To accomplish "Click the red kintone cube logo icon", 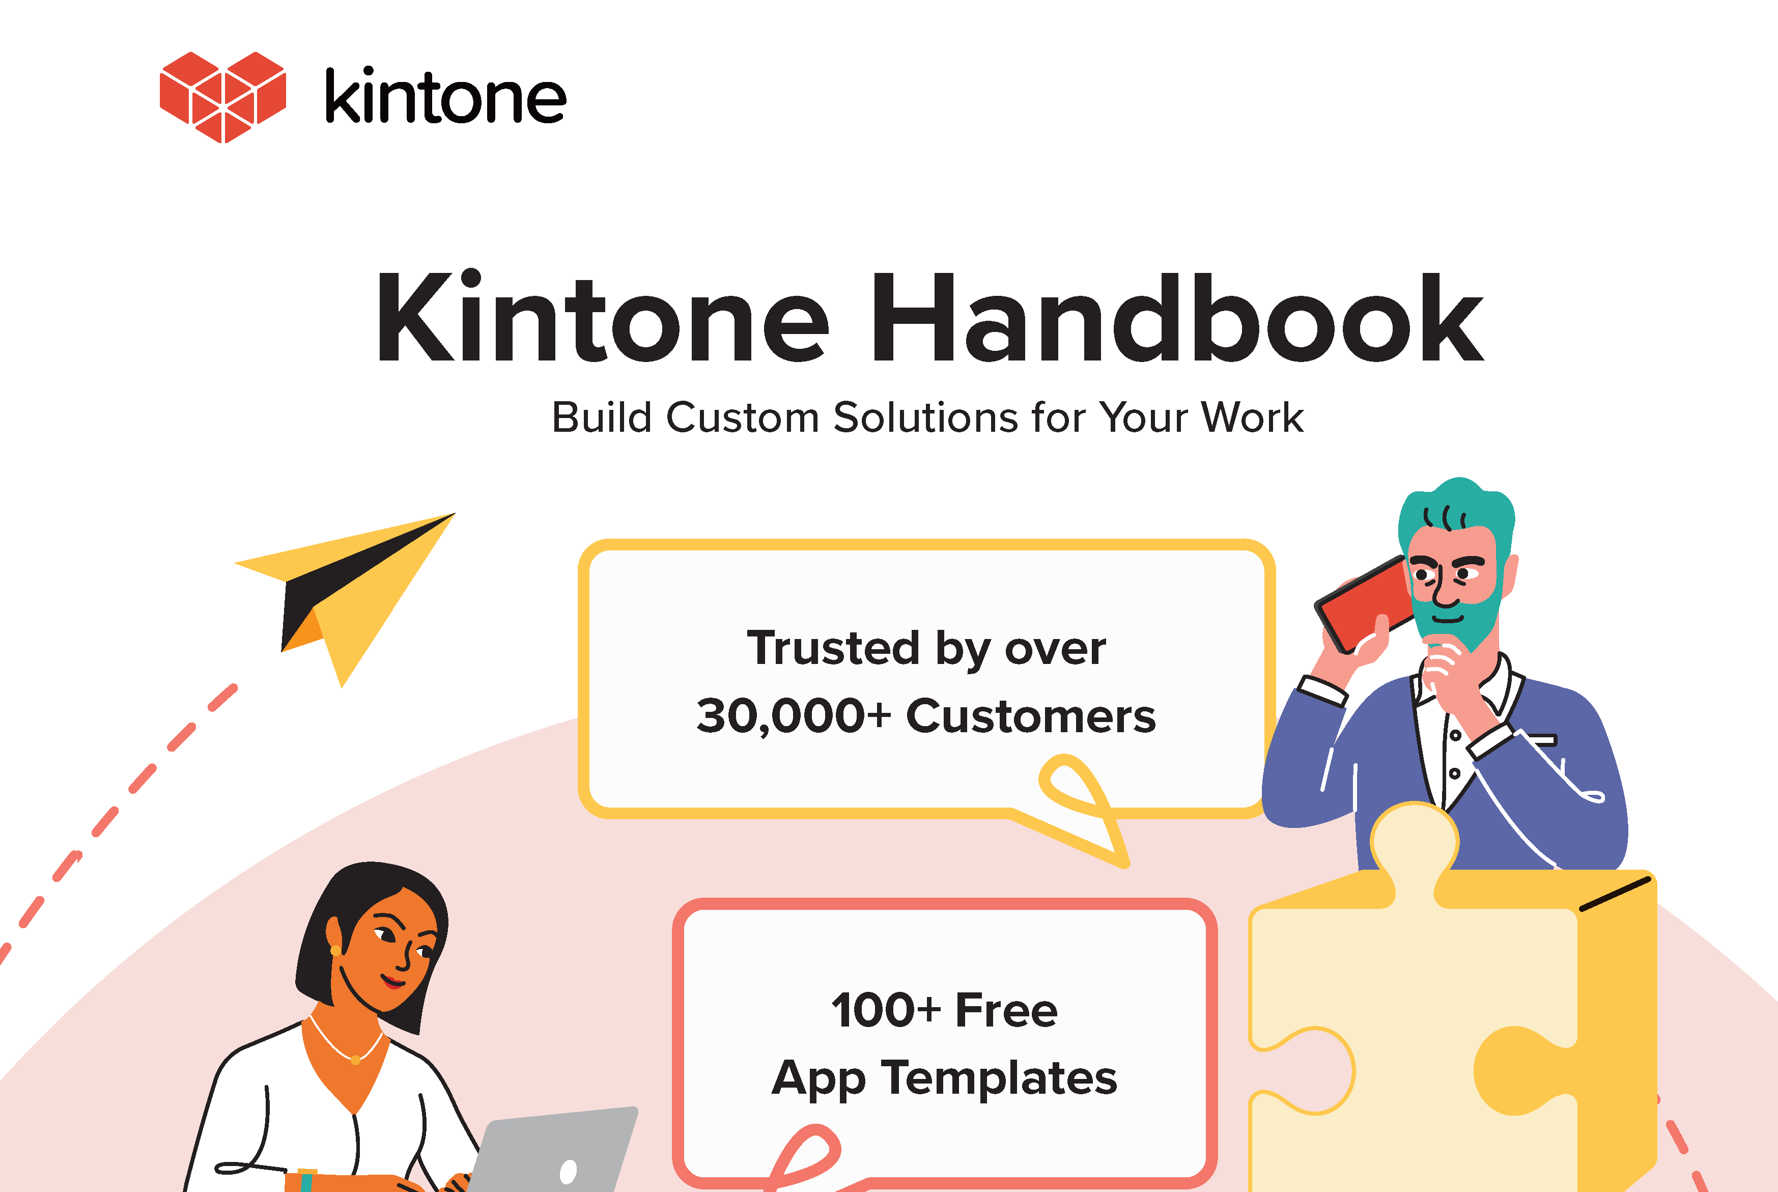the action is pyautogui.click(x=222, y=97).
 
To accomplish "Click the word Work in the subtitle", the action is pyautogui.click(x=1253, y=418).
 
